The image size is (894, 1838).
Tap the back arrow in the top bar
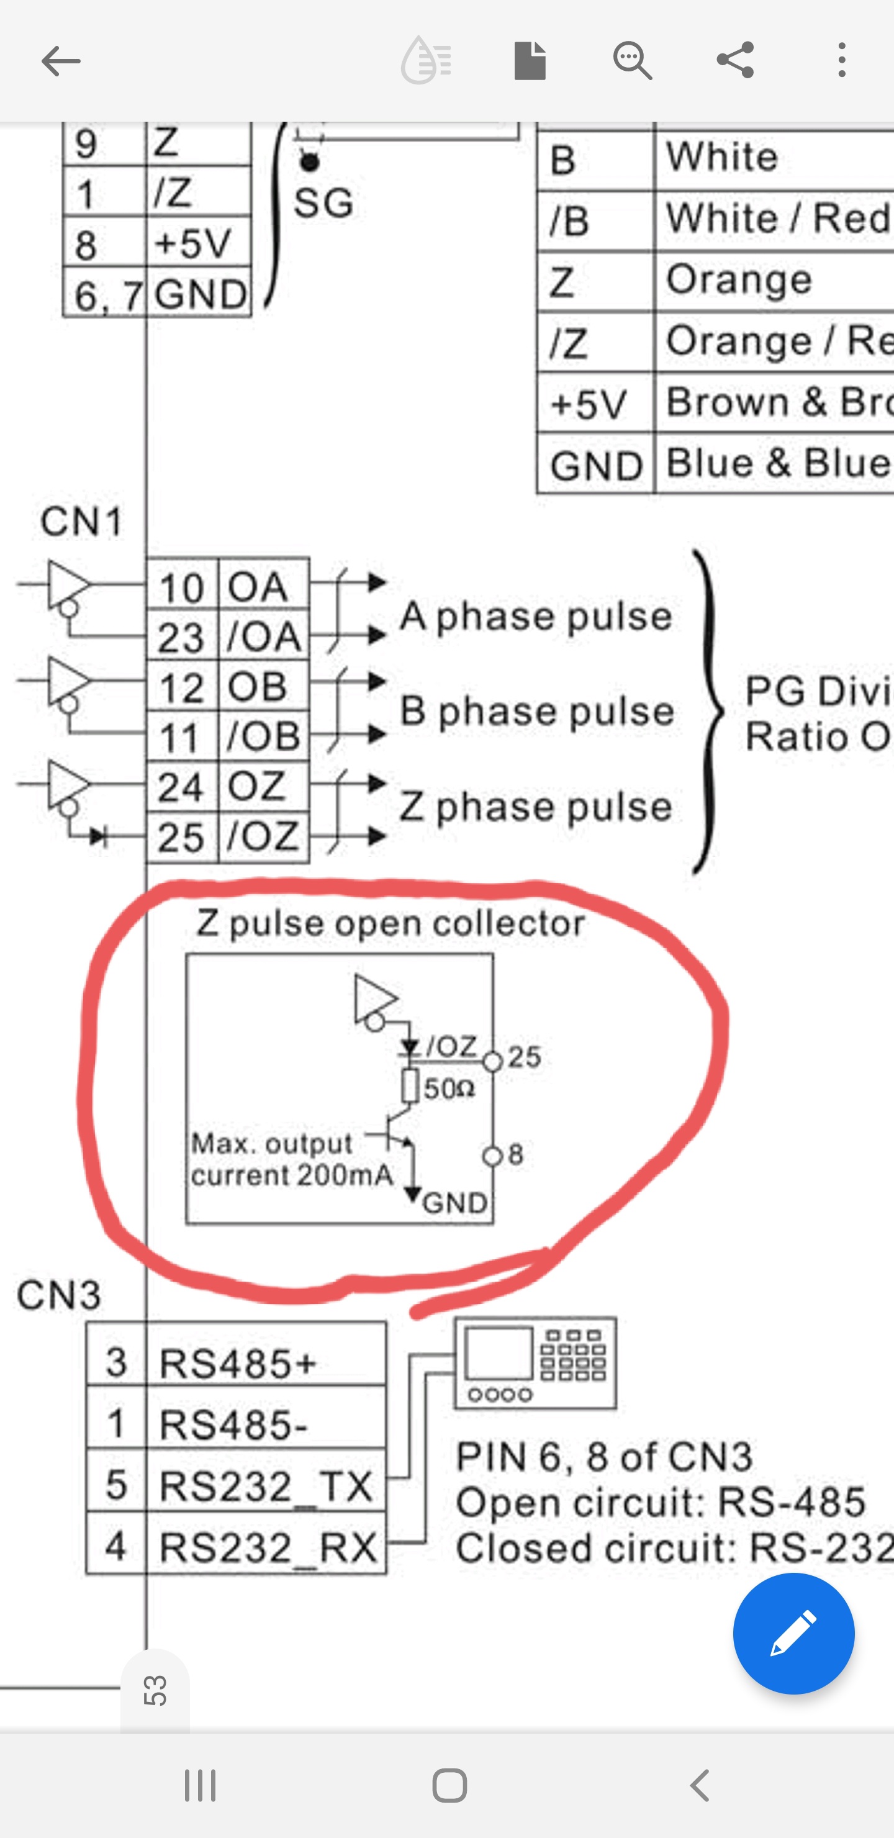point(61,61)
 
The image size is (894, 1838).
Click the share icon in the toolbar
point(736,60)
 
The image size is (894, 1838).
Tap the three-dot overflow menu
point(842,60)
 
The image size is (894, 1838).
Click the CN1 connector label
point(81,522)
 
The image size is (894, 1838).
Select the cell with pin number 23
point(181,636)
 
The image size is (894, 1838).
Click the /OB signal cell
point(263,736)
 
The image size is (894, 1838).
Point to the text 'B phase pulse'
point(536,712)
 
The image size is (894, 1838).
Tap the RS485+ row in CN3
point(236,1363)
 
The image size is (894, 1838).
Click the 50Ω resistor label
point(449,1089)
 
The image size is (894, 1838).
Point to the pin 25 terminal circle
point(492,1062)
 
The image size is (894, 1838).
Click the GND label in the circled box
point(454,1203)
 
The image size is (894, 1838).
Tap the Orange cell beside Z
point(738,279)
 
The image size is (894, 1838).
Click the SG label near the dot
point(323,202)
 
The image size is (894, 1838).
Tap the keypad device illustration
point(535,1363)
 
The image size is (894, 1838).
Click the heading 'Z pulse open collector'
point(391,923)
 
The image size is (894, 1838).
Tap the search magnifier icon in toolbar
point(632,60)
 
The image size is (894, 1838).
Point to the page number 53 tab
point(155,1691)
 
